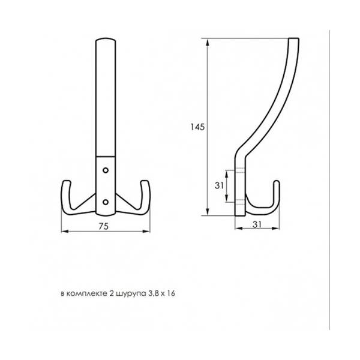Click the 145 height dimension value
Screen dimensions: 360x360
tap(197, 127)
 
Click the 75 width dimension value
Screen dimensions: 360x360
tap(103, 226)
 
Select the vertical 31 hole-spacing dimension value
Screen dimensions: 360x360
tap(219, 185)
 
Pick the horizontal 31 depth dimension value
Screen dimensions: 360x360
tap(257, 224)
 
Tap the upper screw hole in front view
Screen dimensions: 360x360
tap(106, 170)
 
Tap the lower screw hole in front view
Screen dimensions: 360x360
tap(106, 202)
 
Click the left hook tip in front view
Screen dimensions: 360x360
tap(67, 182)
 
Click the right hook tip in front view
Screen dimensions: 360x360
tap(145, 182)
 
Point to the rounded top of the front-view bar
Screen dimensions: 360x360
tap(106, 39)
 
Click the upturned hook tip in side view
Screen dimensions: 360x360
tap(277, 182)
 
